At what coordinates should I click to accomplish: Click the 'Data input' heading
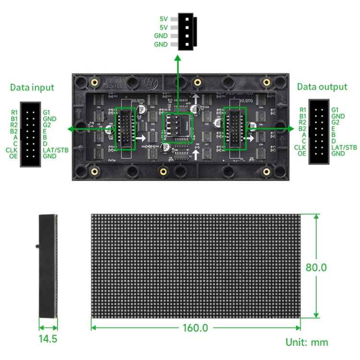pyautogui.click(x=32, y=87)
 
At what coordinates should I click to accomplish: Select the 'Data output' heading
pyautogui.click(x=322, y=87)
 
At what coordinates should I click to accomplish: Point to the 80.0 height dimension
pyautogui.click(x=316, y=267)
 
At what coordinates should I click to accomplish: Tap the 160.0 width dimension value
pyautogui.click(x=195, y=328)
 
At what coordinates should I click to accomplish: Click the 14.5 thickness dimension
pyautogui.click(x=48, y=339)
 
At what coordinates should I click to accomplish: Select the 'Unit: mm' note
pyautogui.click(x=307, y=342)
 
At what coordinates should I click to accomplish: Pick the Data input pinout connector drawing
pyautogui.click(x=30, y=134)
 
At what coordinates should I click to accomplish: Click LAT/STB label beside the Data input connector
pyautogui.click(x=56, y=150)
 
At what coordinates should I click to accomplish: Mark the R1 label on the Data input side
pyautogui.click(x=14, y=113)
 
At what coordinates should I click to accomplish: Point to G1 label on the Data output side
pyautogui.click(x=335, y=110)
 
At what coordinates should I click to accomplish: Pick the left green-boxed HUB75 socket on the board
pyautogui.click(x=126, y=129)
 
